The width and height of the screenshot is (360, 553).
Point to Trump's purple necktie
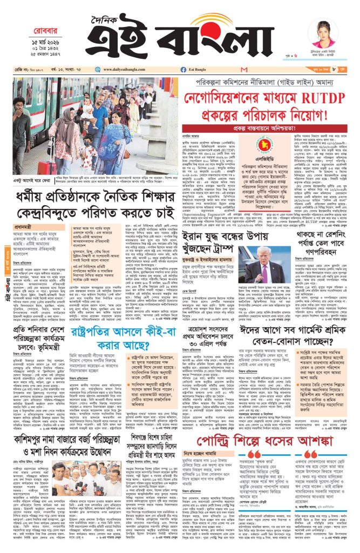coord(263,274)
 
